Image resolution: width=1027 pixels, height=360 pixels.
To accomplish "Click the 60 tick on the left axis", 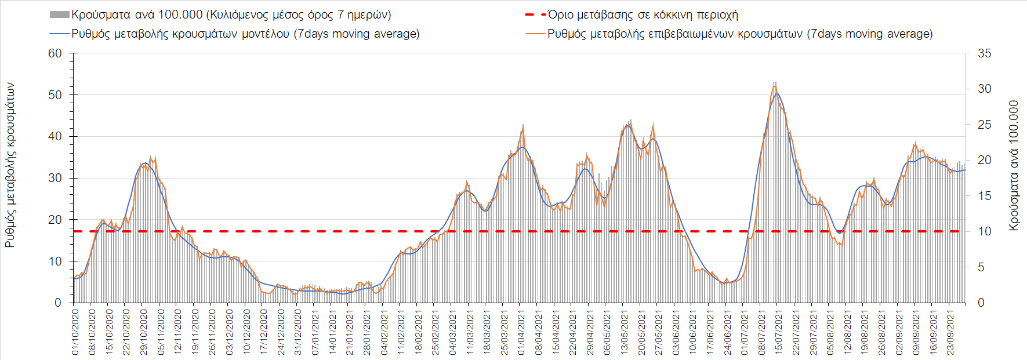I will pos(55,53).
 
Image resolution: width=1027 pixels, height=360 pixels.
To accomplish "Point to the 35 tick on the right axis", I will pos(984,53).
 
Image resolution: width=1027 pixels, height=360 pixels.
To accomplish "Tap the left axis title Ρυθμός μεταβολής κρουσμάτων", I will pos(10,165).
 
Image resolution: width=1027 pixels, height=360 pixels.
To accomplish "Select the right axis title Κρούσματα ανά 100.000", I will pos(1014,166).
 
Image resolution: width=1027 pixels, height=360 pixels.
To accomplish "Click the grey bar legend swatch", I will pos(60,14).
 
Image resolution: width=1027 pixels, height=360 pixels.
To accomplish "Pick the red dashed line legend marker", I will pos(535,14).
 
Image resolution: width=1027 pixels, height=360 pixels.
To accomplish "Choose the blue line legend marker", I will pos(60,34).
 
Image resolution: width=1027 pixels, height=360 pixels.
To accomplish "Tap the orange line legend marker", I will pos(535,34).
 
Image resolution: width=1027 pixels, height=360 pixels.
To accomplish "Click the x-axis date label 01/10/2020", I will pos(75,332).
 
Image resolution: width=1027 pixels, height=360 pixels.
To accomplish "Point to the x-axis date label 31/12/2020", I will pos(299,332).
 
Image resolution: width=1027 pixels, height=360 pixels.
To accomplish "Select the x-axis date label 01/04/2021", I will pos(522,332).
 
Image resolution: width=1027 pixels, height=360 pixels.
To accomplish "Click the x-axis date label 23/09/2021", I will pos(951,332).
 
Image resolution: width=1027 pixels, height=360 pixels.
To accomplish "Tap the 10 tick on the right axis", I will pos(984,231).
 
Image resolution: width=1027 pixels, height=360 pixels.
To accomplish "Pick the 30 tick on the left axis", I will pos(55,178).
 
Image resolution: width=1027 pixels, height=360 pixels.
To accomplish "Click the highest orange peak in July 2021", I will pos(775,86).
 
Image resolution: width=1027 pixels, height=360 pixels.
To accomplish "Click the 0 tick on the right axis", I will pos(981,303).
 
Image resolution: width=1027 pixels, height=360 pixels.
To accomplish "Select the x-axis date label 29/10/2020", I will pos(144,332).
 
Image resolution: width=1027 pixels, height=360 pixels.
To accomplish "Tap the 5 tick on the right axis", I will pos(981,267).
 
